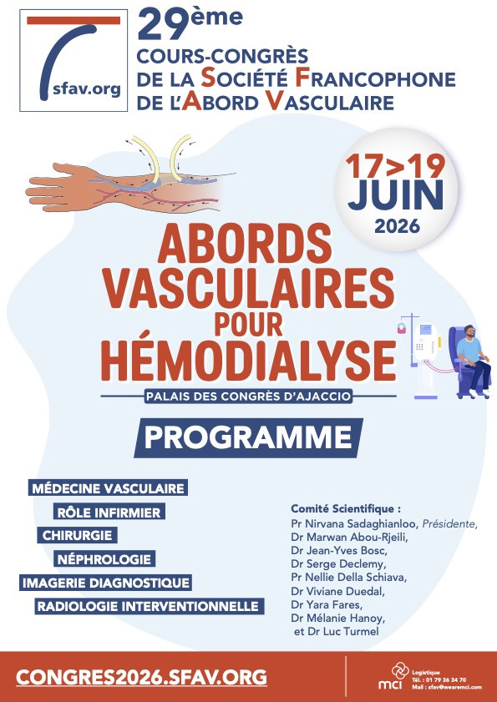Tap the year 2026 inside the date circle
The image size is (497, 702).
tap(398, 225)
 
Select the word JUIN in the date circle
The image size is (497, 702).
tap(397, 195)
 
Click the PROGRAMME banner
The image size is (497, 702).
tap(248, 437)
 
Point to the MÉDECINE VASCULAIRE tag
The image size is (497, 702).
tap(107, 487)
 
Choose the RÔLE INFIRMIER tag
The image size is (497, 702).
tap(109, 511)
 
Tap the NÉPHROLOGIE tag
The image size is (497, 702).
tap(104, 558)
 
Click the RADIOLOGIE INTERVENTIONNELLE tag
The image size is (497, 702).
tap(147, 606)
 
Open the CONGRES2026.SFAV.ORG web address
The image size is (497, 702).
tap(142, 675)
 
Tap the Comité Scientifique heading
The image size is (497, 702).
tap(346, 508)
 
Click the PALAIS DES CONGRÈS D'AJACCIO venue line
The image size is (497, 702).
tap(247, 396)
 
